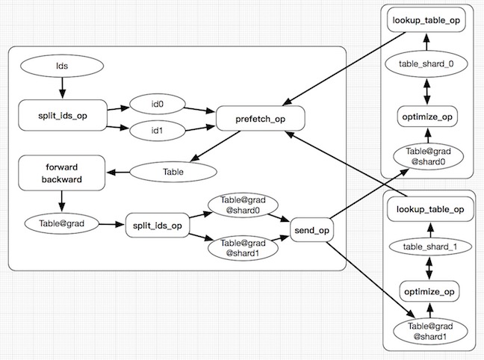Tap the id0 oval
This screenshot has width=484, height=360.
(x=158, y=104)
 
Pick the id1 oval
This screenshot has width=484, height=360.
(x=158, y=131)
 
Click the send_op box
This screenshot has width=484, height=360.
(x=313, y=231)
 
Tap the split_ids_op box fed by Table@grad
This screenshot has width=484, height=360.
(x=155, y=224)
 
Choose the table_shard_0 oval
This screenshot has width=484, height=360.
(x=426, y=63)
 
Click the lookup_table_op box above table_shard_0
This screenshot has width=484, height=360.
(x=426, y=20)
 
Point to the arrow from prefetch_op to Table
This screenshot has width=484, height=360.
(x=213, y=145)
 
